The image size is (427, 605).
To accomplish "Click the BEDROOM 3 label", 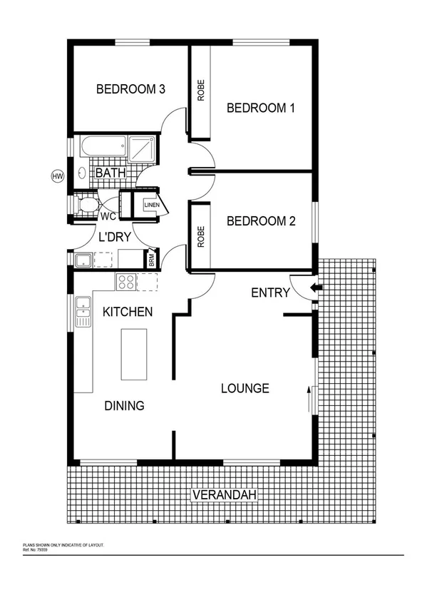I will (131, 89).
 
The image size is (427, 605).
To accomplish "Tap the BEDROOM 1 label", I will (260, 108).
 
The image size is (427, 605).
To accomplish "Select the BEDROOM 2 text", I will (260, 221).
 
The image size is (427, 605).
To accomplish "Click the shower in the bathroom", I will (143, 150).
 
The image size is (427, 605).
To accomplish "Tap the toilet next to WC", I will (88, 205).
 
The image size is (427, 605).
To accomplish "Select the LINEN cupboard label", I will (151, 205).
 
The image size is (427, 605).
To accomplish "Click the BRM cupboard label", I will (151, 260).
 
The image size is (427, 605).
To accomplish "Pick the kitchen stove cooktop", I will (126, 282).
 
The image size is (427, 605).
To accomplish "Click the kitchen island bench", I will (134, 354).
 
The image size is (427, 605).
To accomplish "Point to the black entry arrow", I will (315, 288).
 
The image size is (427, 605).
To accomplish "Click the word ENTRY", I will (271, 293).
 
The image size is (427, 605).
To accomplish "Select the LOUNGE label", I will (245, 388).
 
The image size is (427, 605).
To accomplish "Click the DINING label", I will (125, 405).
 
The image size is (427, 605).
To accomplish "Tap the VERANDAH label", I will (223, 495).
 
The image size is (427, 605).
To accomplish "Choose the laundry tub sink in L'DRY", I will (83, 259).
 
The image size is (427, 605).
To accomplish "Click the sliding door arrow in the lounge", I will (309, 400).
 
